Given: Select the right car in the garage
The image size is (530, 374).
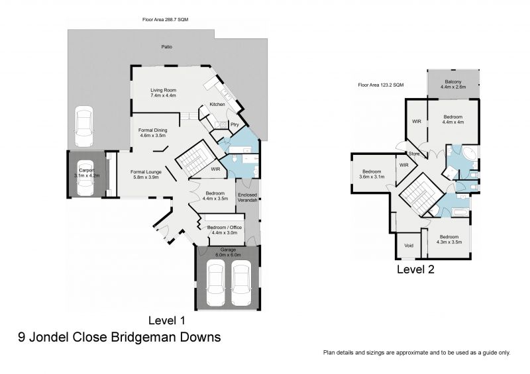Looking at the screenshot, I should [242, 283].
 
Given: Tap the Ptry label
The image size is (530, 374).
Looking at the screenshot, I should [234, 124].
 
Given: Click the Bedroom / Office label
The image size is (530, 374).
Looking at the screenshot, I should [226, 228].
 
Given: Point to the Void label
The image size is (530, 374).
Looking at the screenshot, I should [408, 246].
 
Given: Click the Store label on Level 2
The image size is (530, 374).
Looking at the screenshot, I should [415, 154].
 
